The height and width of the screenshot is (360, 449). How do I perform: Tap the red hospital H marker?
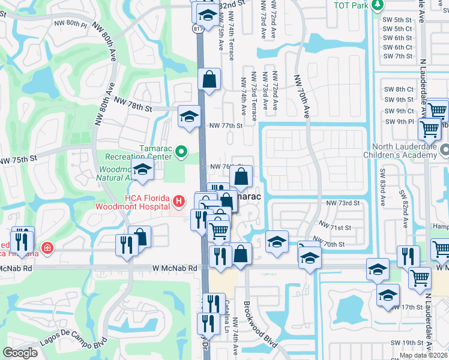pyautogui.click(x=178, y=200)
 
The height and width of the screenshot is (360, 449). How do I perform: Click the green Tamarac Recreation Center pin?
pyautogui.click(x=184, y=154)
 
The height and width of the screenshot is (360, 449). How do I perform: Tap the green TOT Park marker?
pyautogui.click(x=376, y=5)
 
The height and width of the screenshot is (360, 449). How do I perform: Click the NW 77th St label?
pyautogui.click(x=226, y=126)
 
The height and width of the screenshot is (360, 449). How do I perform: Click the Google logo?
pyautogui.click(x=20, y=353)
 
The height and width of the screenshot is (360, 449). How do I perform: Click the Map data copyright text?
pyautogui.click(x=424, y=355)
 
